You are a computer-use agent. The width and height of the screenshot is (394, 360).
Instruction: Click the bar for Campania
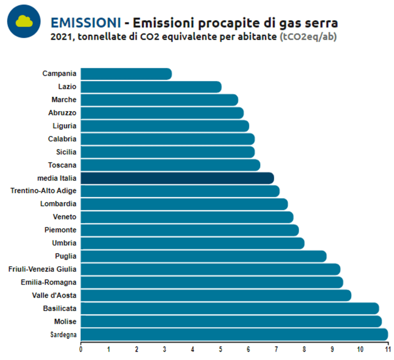click(126, 74)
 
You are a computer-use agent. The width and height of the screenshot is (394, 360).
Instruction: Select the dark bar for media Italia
click(177, 178)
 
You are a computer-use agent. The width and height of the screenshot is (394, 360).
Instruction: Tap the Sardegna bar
click(234, 335)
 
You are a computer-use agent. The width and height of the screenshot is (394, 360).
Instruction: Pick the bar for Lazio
click(151, 87)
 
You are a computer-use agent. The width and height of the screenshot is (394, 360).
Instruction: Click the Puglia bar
click(204, 256)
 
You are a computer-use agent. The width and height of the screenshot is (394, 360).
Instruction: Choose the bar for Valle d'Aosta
click(216, 296)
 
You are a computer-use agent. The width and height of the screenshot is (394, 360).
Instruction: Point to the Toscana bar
click(170, 165)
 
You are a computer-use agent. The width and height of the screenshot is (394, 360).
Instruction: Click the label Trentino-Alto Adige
click(43, 191)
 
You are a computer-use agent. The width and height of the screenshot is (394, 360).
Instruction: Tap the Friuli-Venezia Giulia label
click(42, 269)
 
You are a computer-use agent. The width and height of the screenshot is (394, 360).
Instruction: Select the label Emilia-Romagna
click(48, 282)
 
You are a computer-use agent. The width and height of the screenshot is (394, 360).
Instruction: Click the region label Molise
click(65, 321)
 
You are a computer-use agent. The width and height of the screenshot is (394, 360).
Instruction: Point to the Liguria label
click(64, 126)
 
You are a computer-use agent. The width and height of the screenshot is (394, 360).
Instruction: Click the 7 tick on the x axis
click(276, 349)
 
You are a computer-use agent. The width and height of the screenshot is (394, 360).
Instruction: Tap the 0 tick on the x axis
click(81, 349)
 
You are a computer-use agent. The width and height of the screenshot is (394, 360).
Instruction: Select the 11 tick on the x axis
click(388, 349)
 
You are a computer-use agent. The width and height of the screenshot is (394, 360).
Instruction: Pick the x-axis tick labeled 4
click(192, 349)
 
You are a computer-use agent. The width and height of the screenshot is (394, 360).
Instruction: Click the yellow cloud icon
click(24, 21)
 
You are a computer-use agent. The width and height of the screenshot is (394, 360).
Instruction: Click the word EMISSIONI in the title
click(86, 23)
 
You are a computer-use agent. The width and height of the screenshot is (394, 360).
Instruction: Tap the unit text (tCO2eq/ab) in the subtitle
click(308, 37)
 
